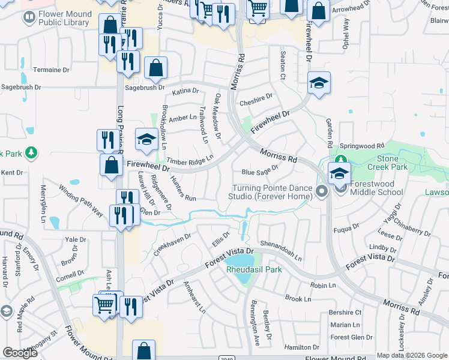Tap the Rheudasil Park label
coord(254,269)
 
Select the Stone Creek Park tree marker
coord(341,160)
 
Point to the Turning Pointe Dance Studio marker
coord(322,192)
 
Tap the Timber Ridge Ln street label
coord(190,160)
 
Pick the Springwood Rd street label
coord(361,146)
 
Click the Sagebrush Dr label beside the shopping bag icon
coord(145,88)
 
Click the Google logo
coord(20,353)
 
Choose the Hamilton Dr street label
coord(301,347)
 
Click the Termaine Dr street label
coord(47,70)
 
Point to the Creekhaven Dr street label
coord(172,245)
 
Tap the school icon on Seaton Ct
coord(319,83)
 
